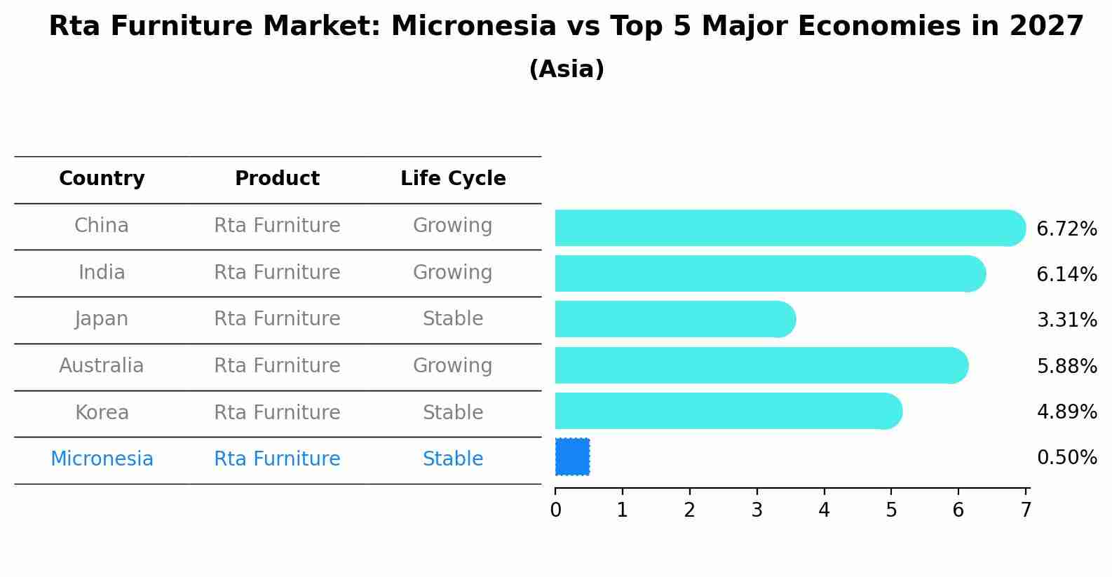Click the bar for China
tap(790, 228)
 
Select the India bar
tap(771, 273)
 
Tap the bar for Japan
tap(676, 319)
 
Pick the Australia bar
tap(761, 365)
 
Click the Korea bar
tap(728, 411)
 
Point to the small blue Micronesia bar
tap(572, 457)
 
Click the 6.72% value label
tap(1067, 229)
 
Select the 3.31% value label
tap(1067, 320)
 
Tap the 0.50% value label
tap(1067, 457)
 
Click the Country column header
tap(102, 179)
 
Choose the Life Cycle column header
tap(453, 179)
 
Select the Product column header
tap(277, 178)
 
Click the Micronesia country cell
tap(102, 459)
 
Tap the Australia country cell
tap(102, 365)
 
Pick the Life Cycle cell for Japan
tap(453, 319)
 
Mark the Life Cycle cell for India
tap(453, 273)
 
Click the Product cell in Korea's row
tap(277, 412)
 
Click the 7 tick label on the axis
tap(1026, 510)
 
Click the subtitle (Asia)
tap(567, 69)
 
